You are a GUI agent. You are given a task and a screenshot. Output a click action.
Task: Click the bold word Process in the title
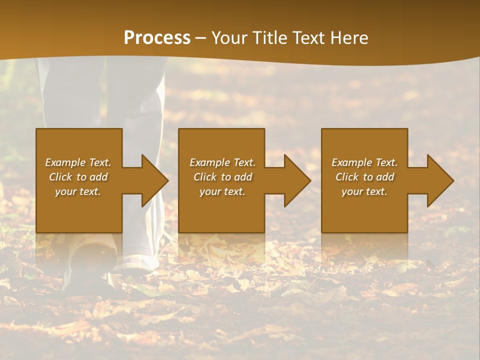[x=157, y=38]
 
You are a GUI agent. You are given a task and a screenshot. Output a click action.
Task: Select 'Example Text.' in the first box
[x=78, y=162]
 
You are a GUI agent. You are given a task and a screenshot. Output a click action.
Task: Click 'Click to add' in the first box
[x=78, y=177]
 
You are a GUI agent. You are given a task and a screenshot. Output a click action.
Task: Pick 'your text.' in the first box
[x=78, y=191]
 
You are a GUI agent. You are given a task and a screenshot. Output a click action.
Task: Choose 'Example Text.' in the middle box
[x=222, y=162]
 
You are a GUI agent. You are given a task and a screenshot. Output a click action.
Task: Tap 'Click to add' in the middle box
[x=222, y=177]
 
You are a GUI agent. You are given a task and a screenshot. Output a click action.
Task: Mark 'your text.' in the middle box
[x=222, y=191]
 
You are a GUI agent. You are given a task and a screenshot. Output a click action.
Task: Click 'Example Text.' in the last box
[x=364, y=162]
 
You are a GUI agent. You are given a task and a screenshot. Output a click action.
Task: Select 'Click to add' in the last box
[x=364, y=177]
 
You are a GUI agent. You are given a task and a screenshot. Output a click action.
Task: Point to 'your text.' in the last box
[x=364, y=191]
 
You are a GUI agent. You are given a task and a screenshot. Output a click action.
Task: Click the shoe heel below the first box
[x=90, y=255]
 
